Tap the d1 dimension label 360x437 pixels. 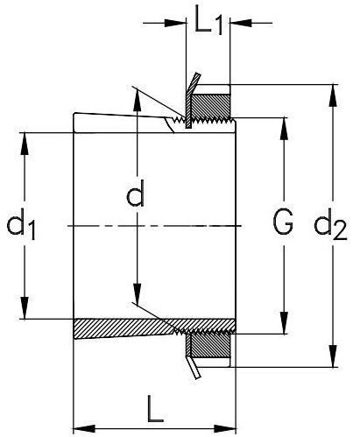(21, 225)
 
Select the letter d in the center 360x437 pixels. (136, 194)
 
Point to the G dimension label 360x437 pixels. (283, 222)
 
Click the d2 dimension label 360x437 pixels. (330, 225)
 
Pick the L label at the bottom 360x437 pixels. (155, 409)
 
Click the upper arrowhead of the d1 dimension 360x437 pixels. (25, 144)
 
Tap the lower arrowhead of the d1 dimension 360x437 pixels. (25, 307)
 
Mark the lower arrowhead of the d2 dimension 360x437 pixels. (333, 356)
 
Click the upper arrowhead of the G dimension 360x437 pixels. (284, 129)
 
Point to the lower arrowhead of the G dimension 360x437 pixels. (284, 323)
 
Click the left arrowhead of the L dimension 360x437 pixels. (84, 429)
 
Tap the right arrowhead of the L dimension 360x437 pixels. (225, 429)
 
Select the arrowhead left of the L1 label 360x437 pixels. (175, 23)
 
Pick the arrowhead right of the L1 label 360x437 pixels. (241, 23)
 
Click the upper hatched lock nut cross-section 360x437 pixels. (210, 106)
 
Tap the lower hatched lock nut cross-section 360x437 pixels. (210, 345)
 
